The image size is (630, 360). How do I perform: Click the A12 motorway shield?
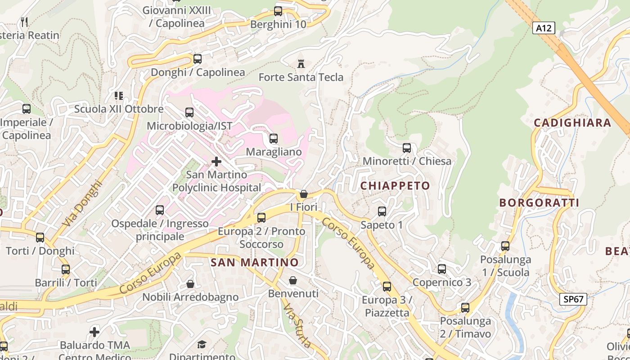pyautogui.click(x=544, y=28)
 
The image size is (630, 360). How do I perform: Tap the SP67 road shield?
pyautogui.click(x=573, y=299)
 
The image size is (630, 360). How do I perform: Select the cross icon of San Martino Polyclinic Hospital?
pyautogui.click(x=216, y=161)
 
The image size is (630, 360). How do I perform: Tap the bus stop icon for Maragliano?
pyautogui.click(x=273, y=139)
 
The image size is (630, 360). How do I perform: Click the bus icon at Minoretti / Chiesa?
pyautogui.click(x=407, y=148)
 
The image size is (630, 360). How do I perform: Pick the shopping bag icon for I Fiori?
pyautogui.click(x=304, y=194)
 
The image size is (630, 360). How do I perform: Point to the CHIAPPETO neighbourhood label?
pyautogui.click(x=395, y=185)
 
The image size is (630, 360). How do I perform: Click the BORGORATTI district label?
pyautogui.click(x=539, y=202)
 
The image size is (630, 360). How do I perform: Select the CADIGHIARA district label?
pyautogui.click(x=572, y=122)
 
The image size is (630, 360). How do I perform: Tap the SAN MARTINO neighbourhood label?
pyautogui.click(x=255, y=262)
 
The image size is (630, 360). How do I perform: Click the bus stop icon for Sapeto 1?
pyautogui.click(x=382, y=211)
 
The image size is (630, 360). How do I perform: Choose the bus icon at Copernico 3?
pyautogui.click(x=442, y=269)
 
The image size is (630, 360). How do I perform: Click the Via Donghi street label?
pyautogui.click(x=82, y=203)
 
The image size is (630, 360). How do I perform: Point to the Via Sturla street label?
pyautogui.click(x=297, y=325)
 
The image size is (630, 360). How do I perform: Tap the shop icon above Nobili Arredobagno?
pyautogui.click(x=190, y=284)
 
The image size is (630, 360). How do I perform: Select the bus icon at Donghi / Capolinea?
pyautogui.click(x=197, y=58)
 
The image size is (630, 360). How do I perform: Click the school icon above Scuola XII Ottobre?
pyautogui.click(x=119, y=95)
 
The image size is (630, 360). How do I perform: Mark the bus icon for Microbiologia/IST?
pyautogui.click(x=189, y=112)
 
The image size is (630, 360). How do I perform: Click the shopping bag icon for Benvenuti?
pyautogui.click(x=293, y=280)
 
